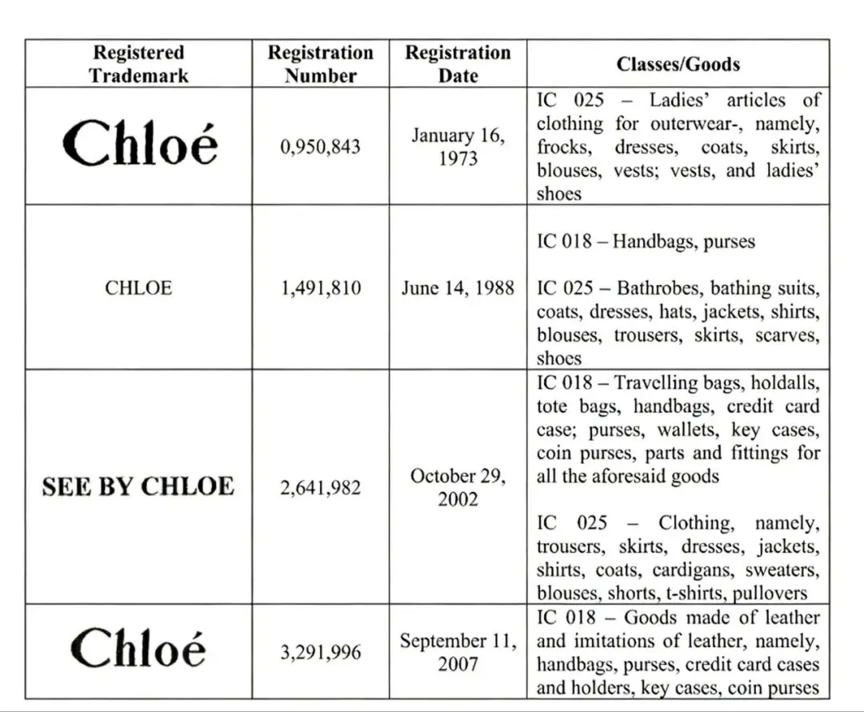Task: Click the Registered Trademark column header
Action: click(x=138, y=64)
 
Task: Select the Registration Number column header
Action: click(x=320, y=64)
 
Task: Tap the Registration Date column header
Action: click(x=458, y=64)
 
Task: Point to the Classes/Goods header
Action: click(x=678, y=64)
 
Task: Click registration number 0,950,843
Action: click(x=320, y=147)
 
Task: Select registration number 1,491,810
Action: click(x=320, y=288)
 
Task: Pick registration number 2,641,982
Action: click(x=320, y=487)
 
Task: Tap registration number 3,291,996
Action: click(x=320, y=653)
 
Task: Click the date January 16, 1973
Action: click(x=458, y=147)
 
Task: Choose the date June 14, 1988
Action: click(x=458, y=288)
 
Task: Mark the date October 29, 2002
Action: click(x=458, y=487)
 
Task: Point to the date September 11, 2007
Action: click(x=458, y=653)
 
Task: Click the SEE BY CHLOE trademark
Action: click(x=138, y=487)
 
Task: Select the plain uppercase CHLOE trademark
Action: click(x=138, y=288)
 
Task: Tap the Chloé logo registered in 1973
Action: click(x=139, y=146)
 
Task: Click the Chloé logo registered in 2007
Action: click(x=138, y=648)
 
